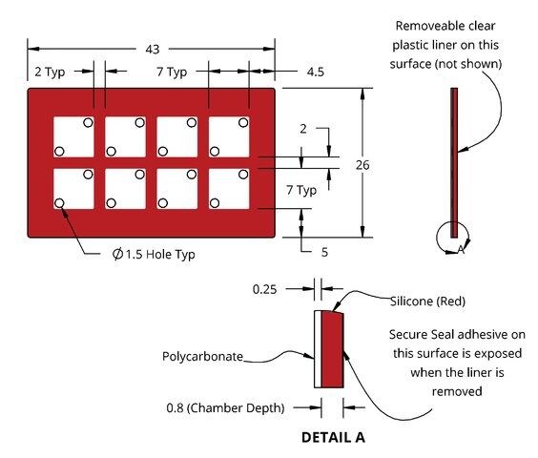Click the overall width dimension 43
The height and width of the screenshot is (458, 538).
tap(153, 49)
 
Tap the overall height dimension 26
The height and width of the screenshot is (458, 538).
tap(362, 165)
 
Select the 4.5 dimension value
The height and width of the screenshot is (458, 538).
tap(316, 72)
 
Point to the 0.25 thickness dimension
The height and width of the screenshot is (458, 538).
tap(264, 289)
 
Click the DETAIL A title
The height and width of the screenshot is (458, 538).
tap(333, 437)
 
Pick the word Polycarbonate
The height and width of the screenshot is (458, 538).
tap(202, 356)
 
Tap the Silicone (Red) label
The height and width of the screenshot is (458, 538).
tap(428, 302)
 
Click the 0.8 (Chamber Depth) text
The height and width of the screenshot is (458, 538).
tap(225, 407)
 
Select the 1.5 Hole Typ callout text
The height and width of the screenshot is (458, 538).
tap(154, 255)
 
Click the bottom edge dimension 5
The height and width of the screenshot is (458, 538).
tap(324, 252)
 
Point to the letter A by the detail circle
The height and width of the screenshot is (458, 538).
tap(461, 250)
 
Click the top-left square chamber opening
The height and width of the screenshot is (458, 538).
tap(73, 137)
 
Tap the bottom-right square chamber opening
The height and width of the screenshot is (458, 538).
tap(229, 189)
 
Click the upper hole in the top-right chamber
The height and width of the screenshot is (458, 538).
tap(243, 122)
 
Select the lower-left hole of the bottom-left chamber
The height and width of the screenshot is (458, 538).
tap(59, 203)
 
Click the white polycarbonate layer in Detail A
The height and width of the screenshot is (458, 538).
tap(318, 349)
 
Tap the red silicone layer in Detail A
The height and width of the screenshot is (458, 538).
tap(333, 349)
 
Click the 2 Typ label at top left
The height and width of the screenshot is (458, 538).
tap(50, 73)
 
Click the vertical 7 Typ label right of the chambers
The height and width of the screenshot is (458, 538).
tap(301, 190)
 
